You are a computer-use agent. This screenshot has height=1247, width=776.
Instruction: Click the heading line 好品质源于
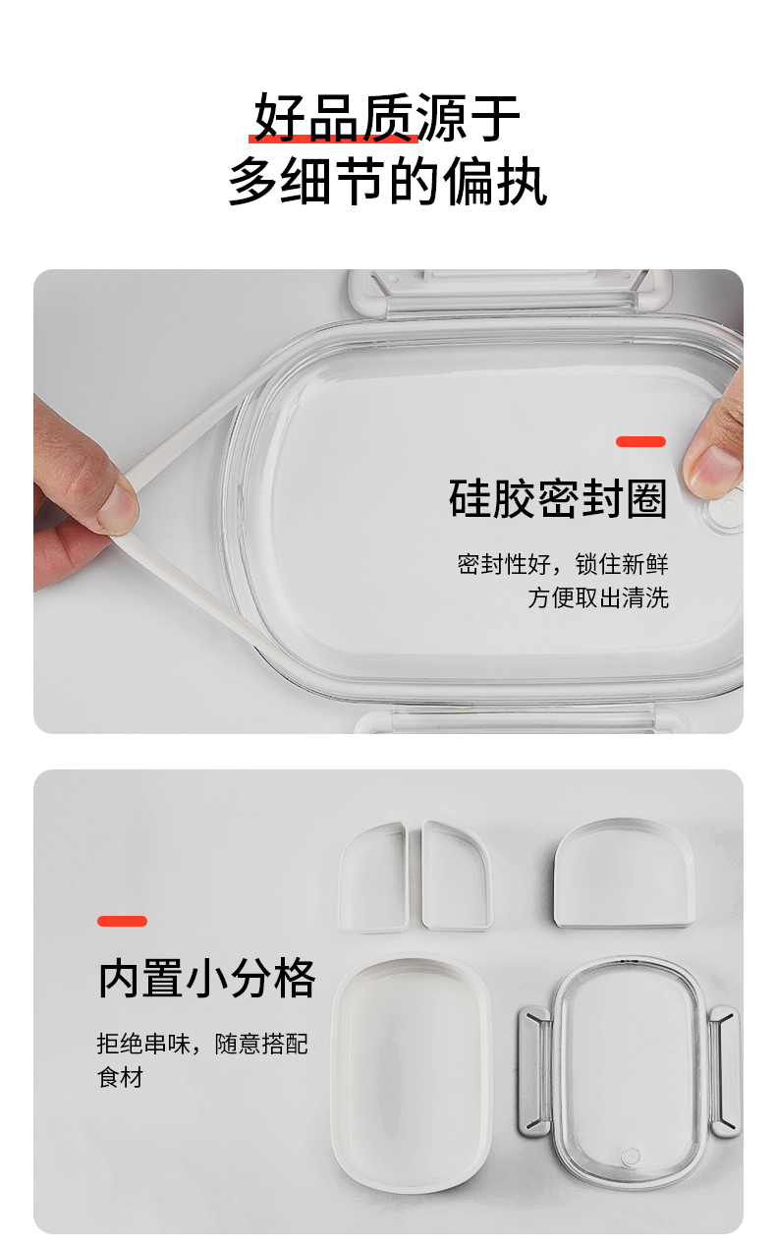click(387, 118)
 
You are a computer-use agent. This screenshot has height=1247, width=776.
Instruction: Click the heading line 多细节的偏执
click(387, 182)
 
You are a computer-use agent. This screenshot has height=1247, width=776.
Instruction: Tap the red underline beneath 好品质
click(333, 138)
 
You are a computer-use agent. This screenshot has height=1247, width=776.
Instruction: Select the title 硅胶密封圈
click(558, 498)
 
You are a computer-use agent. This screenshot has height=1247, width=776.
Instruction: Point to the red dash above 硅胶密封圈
click(640, 441)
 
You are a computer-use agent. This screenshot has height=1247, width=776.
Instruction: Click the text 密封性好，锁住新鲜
click(563, 564)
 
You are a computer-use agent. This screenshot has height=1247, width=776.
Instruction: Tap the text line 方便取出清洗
click(598, 597)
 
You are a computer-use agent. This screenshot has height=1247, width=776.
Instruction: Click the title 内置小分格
click(206, 979)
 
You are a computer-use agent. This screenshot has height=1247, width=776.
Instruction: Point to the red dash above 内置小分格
click(122, 922)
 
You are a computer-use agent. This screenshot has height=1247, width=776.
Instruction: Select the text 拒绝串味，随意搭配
click(202, 1044)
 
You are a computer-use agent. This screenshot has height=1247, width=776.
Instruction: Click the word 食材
click(120, 1077)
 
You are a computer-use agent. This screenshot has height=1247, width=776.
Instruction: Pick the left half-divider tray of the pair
click(374, 877)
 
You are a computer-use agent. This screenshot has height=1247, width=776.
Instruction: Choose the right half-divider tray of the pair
click(457, 876)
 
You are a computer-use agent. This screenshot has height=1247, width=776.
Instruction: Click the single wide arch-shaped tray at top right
click(625, 873)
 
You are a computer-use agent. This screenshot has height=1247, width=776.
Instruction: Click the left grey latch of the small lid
click(534, 1070)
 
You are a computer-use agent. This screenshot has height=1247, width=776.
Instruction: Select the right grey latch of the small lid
click(725, 1071)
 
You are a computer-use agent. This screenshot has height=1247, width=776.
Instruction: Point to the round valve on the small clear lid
click(631, 1156)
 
